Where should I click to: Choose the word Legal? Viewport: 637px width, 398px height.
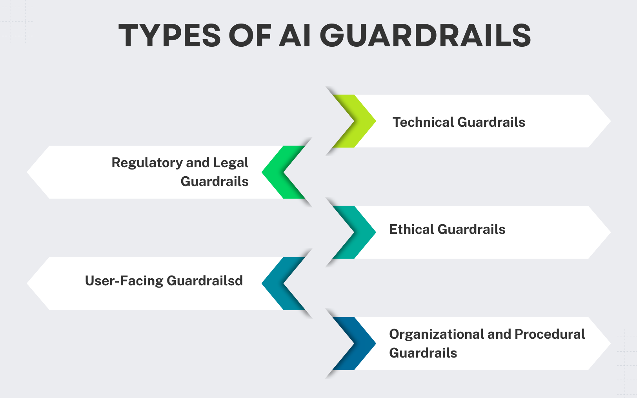point(231,162)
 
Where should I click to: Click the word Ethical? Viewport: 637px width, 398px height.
point(411,229)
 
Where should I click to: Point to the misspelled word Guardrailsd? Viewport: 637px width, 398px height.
point(205,281)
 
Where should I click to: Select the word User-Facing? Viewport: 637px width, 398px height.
point(124,281)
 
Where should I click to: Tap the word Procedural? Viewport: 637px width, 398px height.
point(550,334)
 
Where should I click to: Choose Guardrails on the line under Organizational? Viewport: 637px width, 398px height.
point(423,353)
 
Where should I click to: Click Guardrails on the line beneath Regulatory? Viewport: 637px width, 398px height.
point(215,181)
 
